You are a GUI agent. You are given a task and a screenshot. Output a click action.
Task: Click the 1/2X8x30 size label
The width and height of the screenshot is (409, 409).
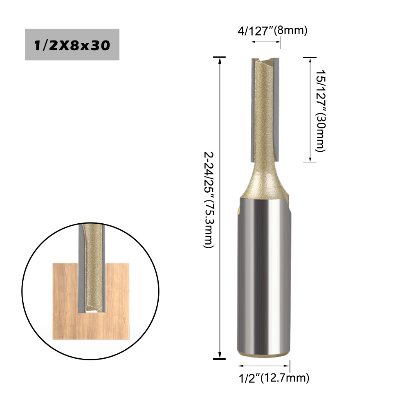point(72,45)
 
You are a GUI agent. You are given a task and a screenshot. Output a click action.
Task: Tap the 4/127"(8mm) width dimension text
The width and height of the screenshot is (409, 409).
point(272,31)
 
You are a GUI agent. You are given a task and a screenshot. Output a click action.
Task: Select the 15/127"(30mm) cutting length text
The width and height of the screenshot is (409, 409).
point(321,110)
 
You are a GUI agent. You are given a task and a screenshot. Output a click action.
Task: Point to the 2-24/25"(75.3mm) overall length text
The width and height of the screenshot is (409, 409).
point(209,200)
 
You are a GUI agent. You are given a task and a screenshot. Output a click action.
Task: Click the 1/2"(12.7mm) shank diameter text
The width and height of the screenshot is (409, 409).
point(274,378)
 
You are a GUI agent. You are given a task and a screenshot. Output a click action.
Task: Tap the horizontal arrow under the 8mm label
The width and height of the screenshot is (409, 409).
point(266,42)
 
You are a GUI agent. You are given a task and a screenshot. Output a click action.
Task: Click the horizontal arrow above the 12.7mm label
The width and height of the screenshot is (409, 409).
point(263,366)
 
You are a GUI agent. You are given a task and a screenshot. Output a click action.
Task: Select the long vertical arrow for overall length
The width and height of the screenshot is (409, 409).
point(220,208)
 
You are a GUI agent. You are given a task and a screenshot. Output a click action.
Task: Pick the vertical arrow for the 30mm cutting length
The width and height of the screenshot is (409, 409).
point(310,110)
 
